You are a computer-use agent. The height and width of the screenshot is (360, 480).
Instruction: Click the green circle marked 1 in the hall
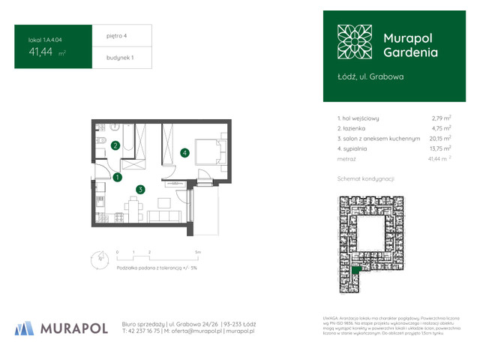tap(118, 178)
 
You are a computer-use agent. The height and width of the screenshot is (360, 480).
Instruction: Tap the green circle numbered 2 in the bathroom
tap(115, 146)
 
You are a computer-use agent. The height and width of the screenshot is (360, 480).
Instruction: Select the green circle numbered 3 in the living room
tap(139, 190)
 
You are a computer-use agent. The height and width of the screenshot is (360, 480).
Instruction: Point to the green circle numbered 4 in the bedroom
tap(184, 153)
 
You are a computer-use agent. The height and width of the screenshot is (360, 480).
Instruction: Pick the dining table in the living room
tap(133, 207)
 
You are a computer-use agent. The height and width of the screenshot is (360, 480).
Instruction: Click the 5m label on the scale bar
tap(197, 253)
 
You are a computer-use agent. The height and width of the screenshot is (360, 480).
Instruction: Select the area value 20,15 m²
tap(439, 139)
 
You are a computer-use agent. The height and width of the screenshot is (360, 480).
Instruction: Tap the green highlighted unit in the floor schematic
tap(357, 268)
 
